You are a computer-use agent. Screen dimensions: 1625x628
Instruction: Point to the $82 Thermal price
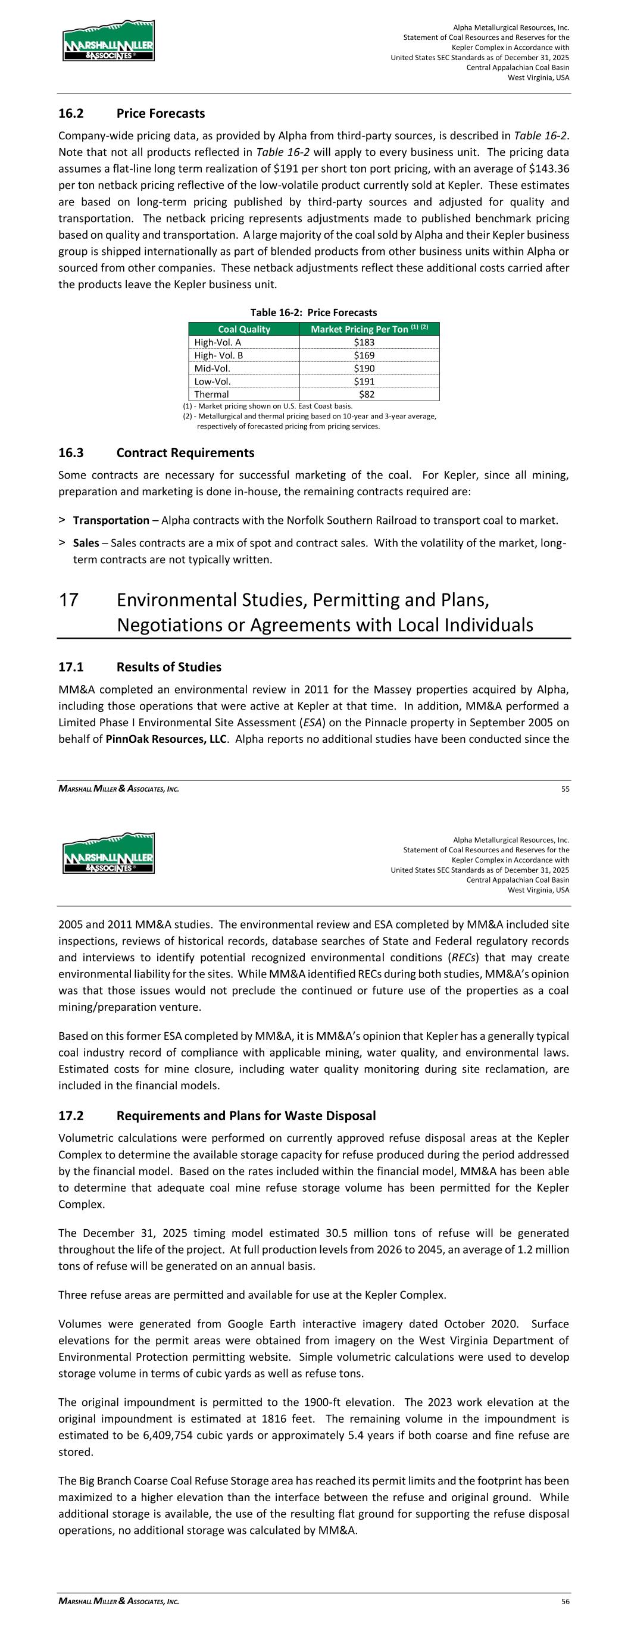pyautogui.click(x=366, y=394)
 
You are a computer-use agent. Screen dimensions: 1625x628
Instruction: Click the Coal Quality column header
pyautogui.click(x=243, y=329)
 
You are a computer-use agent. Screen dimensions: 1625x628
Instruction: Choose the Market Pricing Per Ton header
pyautogui.click(x=369, y=329)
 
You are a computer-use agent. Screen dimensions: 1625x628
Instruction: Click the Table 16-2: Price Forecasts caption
pyautogui.click(x=314, y=313)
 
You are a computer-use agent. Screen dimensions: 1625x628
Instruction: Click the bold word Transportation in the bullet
pyautogui.click(x=111, y=520)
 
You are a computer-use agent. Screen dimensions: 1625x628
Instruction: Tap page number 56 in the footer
pyautogui.click(x=565, y=1602)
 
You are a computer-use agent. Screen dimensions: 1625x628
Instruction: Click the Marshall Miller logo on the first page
pyautogui.click(x=108, y=40)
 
